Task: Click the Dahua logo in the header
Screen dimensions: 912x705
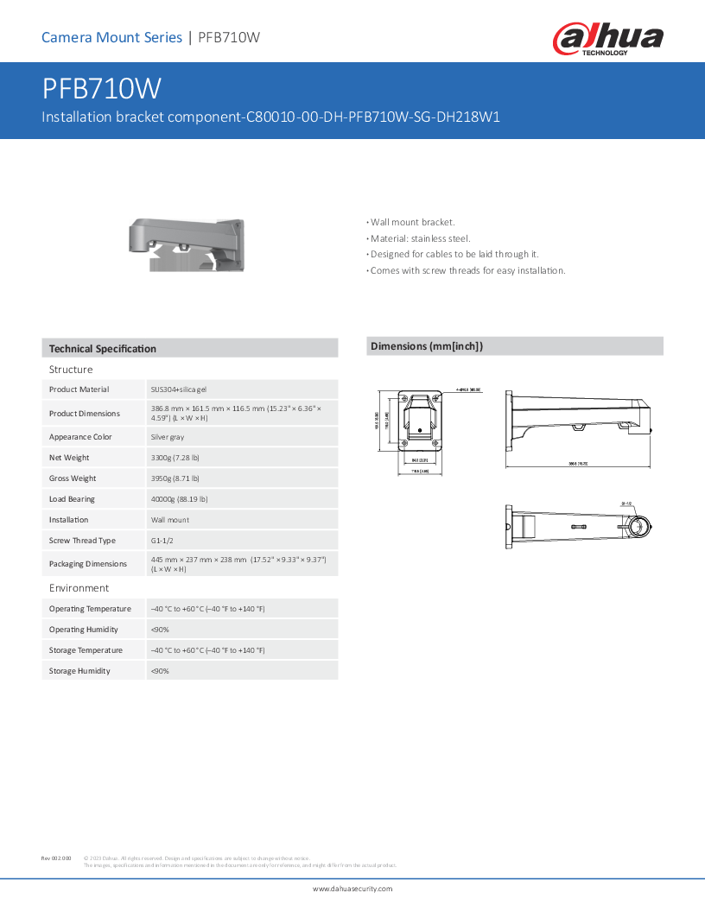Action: pos(607,40)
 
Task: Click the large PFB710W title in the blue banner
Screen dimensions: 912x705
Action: pos(102,90)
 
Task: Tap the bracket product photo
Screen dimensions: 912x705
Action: pos(184,244)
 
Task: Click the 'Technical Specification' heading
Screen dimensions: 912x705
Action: pos(103,349)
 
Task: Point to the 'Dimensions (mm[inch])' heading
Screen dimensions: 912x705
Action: pos(427,346)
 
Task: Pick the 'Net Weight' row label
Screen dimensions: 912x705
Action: pos(69,458)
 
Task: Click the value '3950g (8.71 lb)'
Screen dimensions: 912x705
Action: pos(175,478)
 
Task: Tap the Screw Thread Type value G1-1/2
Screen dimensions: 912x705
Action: pos(163,541)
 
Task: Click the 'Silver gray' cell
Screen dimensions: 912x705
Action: pos(168,437)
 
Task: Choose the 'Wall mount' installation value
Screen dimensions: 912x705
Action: pos(170,520)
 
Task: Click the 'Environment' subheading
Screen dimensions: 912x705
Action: pos(79,588)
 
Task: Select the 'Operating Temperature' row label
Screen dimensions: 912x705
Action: pos(90,609)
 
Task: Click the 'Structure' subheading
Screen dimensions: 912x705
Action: pos(71,370)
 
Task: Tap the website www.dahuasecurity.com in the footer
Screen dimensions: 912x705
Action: pos(352,889)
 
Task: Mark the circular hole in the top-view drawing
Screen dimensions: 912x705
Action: pos(639,527)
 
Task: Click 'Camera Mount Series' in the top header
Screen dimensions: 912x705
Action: pos(111,37)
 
